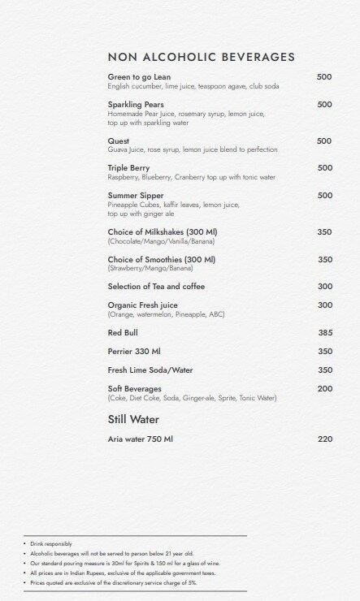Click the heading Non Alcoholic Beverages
tap(201, 57)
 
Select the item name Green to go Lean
tap(139, 77)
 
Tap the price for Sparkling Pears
tap(324, 105)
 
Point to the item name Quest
tap(119, 141)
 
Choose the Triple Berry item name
tap(128, 168)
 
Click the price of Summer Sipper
tap(324, 196)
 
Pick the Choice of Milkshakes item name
tap(163, 232)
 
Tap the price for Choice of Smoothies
tap(324, 260)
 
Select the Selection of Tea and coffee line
tap(156, 287)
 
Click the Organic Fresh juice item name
tap(143, 305)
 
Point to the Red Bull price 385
tap(325, 333)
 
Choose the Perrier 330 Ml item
tap(134, 352)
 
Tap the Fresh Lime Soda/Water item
tap(150, 370)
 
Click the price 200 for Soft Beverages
tap(324, 389)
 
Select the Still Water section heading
tap(133, 420)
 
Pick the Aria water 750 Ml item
tap(141, 439)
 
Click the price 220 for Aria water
tap(325, 439)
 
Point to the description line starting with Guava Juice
tap(193, 150)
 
